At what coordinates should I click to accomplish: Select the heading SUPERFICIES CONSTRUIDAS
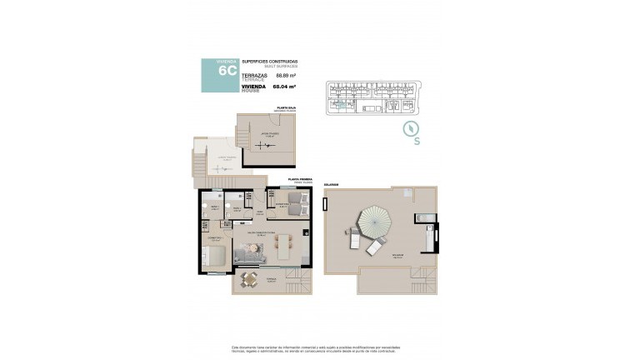(270, 61)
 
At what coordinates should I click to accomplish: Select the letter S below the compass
(416, 142)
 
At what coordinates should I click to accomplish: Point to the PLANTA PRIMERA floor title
(299, 179)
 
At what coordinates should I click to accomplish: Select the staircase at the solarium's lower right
(426, 281)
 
